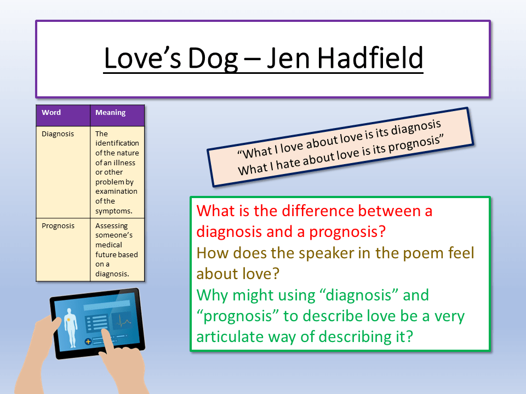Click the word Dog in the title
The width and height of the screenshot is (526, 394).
click(x=210, y=59)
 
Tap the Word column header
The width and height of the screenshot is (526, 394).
click(x=52, y=113)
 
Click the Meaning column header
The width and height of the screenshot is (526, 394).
click(x=110, y=113)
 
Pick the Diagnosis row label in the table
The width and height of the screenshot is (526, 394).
click(x=58, y=134)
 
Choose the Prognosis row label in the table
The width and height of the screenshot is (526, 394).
click(x=58, y=226)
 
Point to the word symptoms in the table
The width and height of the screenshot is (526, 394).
click(x=113, y=211)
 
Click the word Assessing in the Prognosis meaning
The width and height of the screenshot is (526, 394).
click(x=111, y=226)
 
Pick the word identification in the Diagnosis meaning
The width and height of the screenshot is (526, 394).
click(x=117, y=143)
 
